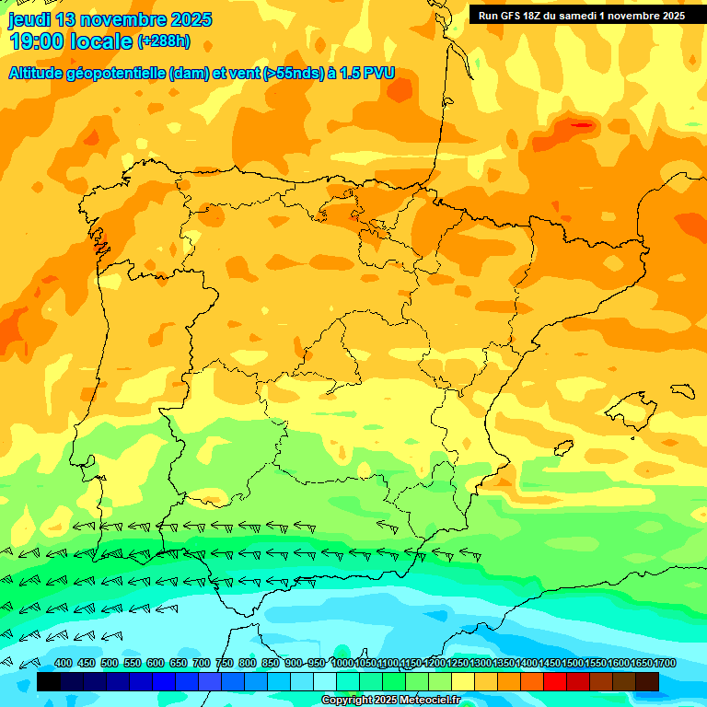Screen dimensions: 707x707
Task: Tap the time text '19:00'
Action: [37, 41]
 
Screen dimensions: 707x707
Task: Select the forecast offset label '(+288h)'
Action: [163, 41]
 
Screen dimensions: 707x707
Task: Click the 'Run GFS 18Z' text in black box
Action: [512, 16]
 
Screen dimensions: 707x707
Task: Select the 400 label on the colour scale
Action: [64, 664]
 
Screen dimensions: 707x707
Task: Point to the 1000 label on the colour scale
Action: [342, 664]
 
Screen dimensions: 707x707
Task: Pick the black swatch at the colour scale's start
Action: [49, 682]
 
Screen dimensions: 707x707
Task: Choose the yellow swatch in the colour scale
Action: [463, 682]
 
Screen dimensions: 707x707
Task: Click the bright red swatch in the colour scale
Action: [555, 682]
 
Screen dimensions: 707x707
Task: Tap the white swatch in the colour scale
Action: [325, 682]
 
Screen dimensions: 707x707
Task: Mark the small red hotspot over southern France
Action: [582, 124]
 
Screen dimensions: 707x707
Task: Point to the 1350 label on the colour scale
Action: [503, 664]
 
